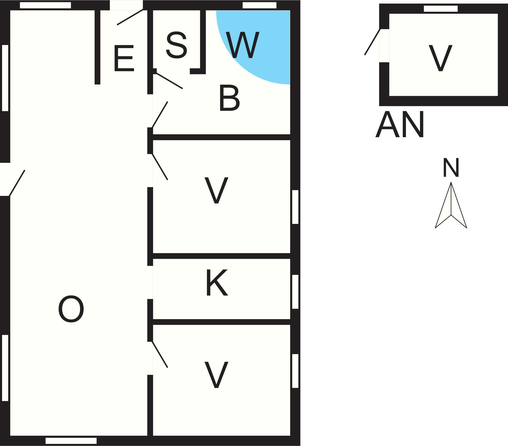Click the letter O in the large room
tap(71, 309)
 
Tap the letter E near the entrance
tap(124, 58)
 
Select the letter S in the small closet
tap(176, 45)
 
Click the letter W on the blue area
tap(243, 45)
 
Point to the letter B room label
tap(229, 98)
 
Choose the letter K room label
tap(217, 282)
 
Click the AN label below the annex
tap(399, 125)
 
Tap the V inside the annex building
tap(441, 58)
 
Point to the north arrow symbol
tap(451, 205)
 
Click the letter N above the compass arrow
tap(451, 168)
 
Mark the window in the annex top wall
tap(441, 9)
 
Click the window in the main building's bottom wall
tap(71, 441)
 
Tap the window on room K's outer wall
tap(295, 292)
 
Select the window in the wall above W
tap(259, 5)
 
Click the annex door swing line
tap(372, 42)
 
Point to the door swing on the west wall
tap(17, 183)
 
